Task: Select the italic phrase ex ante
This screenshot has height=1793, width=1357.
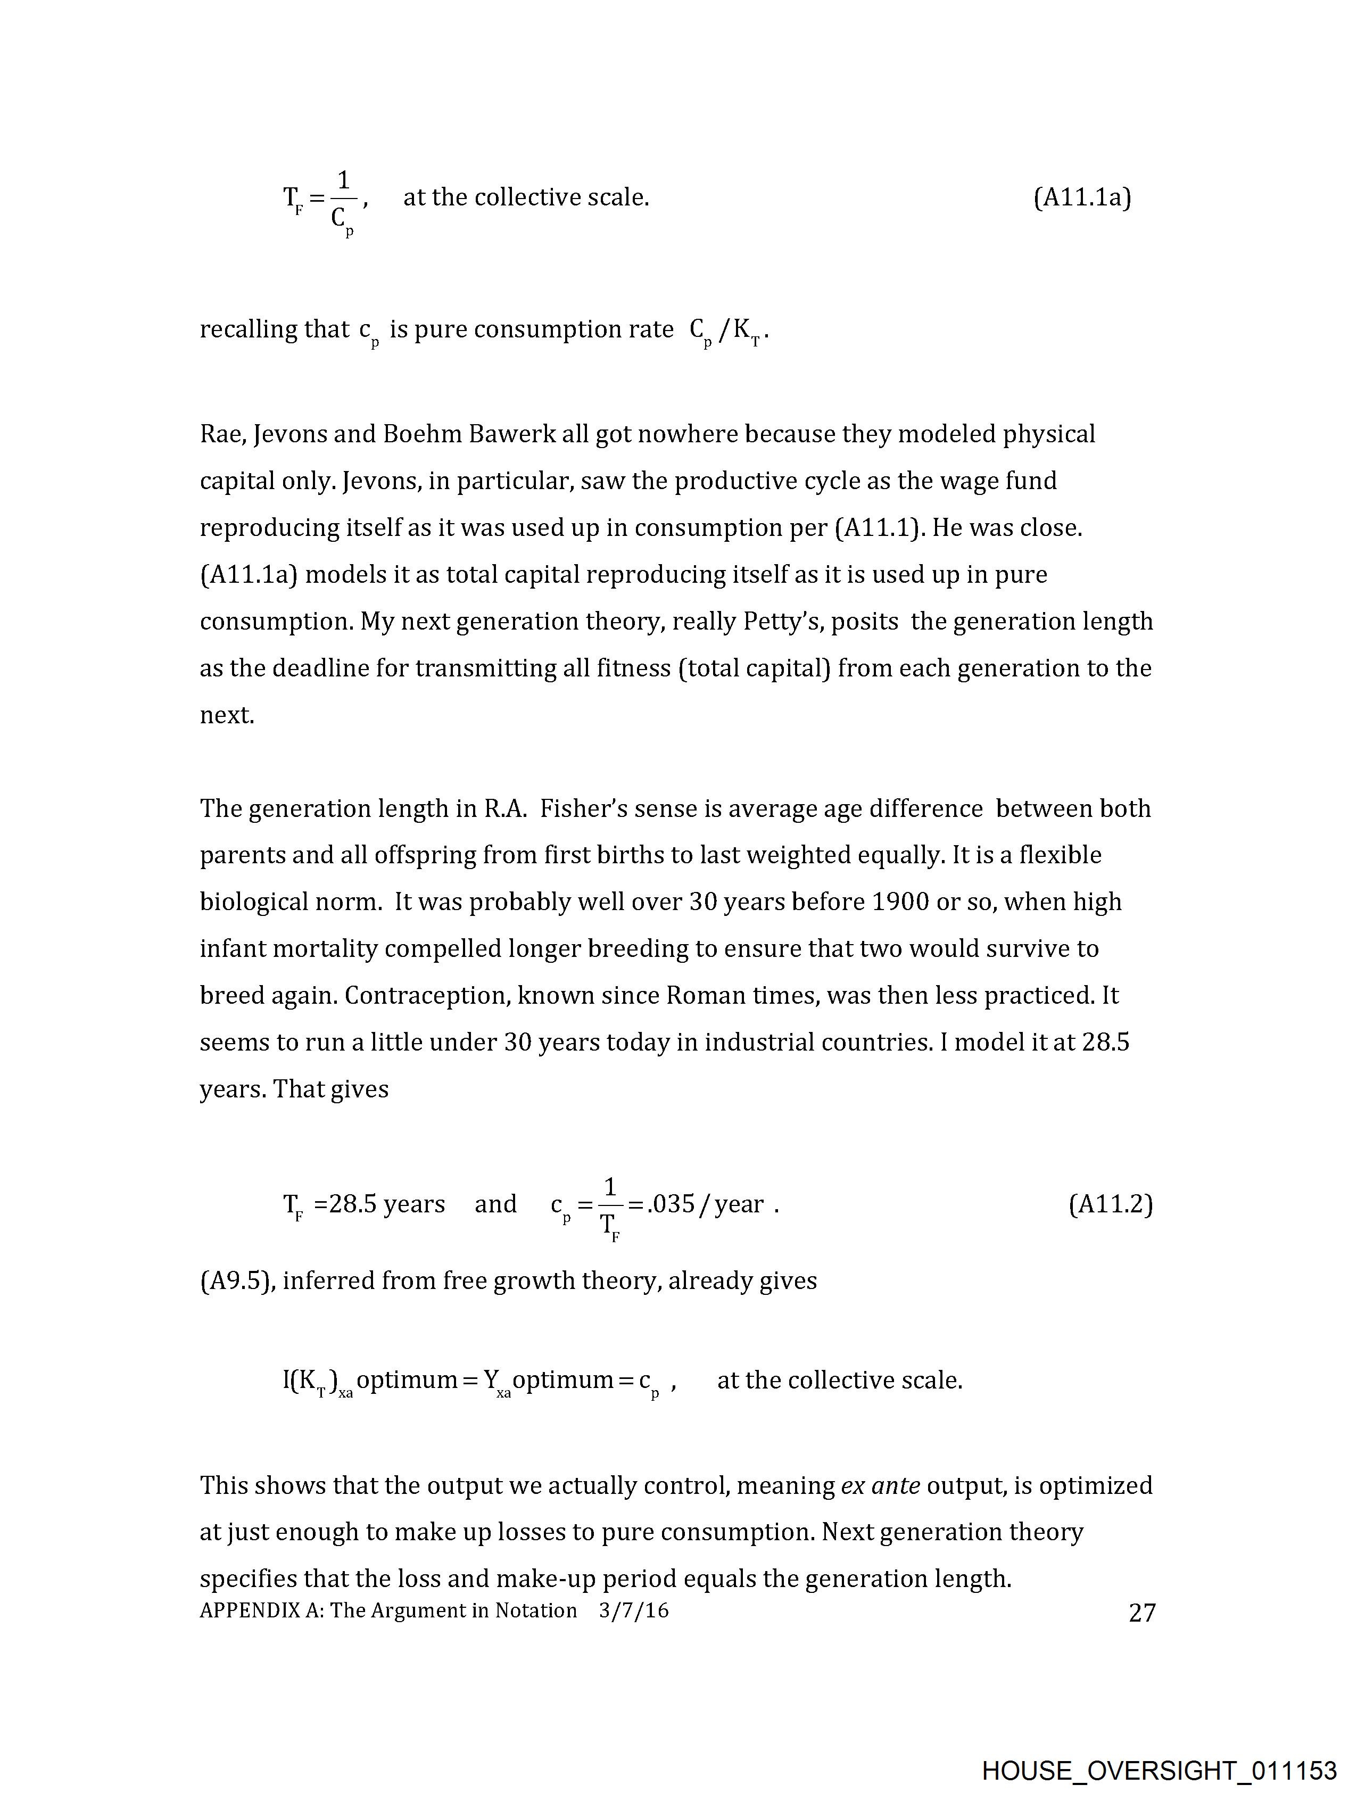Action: click(880, 1486)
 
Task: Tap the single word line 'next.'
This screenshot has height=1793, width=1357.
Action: click(227, 716)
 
